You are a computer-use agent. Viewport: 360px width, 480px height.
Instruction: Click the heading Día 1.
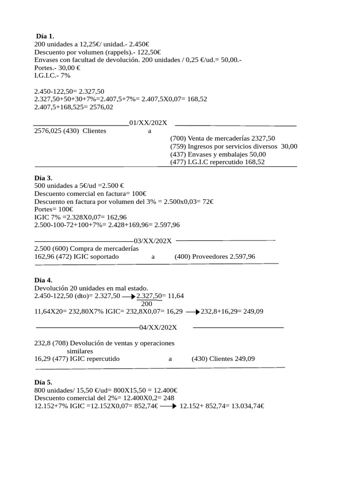coord(45,36)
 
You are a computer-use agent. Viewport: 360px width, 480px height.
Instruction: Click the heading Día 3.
coord(43,178)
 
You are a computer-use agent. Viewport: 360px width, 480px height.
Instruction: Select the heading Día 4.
coord(43,280)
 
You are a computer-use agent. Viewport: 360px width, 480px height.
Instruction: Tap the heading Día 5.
coord(43,382)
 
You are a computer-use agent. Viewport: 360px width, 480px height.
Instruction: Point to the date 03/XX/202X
coord(153,241)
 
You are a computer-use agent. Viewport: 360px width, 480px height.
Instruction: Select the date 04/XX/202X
coord(158,327)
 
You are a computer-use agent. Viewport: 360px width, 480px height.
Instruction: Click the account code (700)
coord(178,138)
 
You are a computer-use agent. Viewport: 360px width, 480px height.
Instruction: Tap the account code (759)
coord(178,146)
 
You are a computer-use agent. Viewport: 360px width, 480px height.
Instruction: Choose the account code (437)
coord(178,154)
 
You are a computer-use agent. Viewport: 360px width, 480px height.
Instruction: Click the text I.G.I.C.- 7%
coord(52,75)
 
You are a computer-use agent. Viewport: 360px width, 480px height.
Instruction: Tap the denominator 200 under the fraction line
coord(146,304)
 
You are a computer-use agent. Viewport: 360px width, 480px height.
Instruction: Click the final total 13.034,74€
coord(245,406)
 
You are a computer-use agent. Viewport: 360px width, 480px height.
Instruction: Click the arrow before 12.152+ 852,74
coord(168,406)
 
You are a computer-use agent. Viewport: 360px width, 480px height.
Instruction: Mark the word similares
coord(80,351)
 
